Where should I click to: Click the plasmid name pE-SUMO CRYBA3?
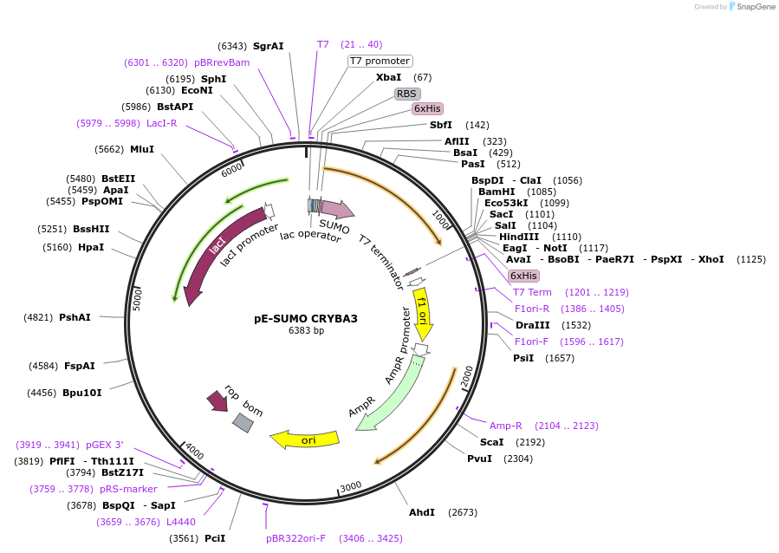305,318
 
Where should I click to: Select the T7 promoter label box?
380,61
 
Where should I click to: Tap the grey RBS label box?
406,94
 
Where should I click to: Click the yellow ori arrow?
305,439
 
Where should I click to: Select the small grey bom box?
243,423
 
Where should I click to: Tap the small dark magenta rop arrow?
217,400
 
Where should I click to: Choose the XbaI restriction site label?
388,77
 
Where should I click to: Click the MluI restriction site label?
142,149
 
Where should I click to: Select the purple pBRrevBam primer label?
222,62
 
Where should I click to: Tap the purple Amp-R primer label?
506,426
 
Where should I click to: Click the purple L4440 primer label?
181,522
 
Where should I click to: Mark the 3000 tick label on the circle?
350,487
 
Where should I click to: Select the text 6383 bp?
306,331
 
